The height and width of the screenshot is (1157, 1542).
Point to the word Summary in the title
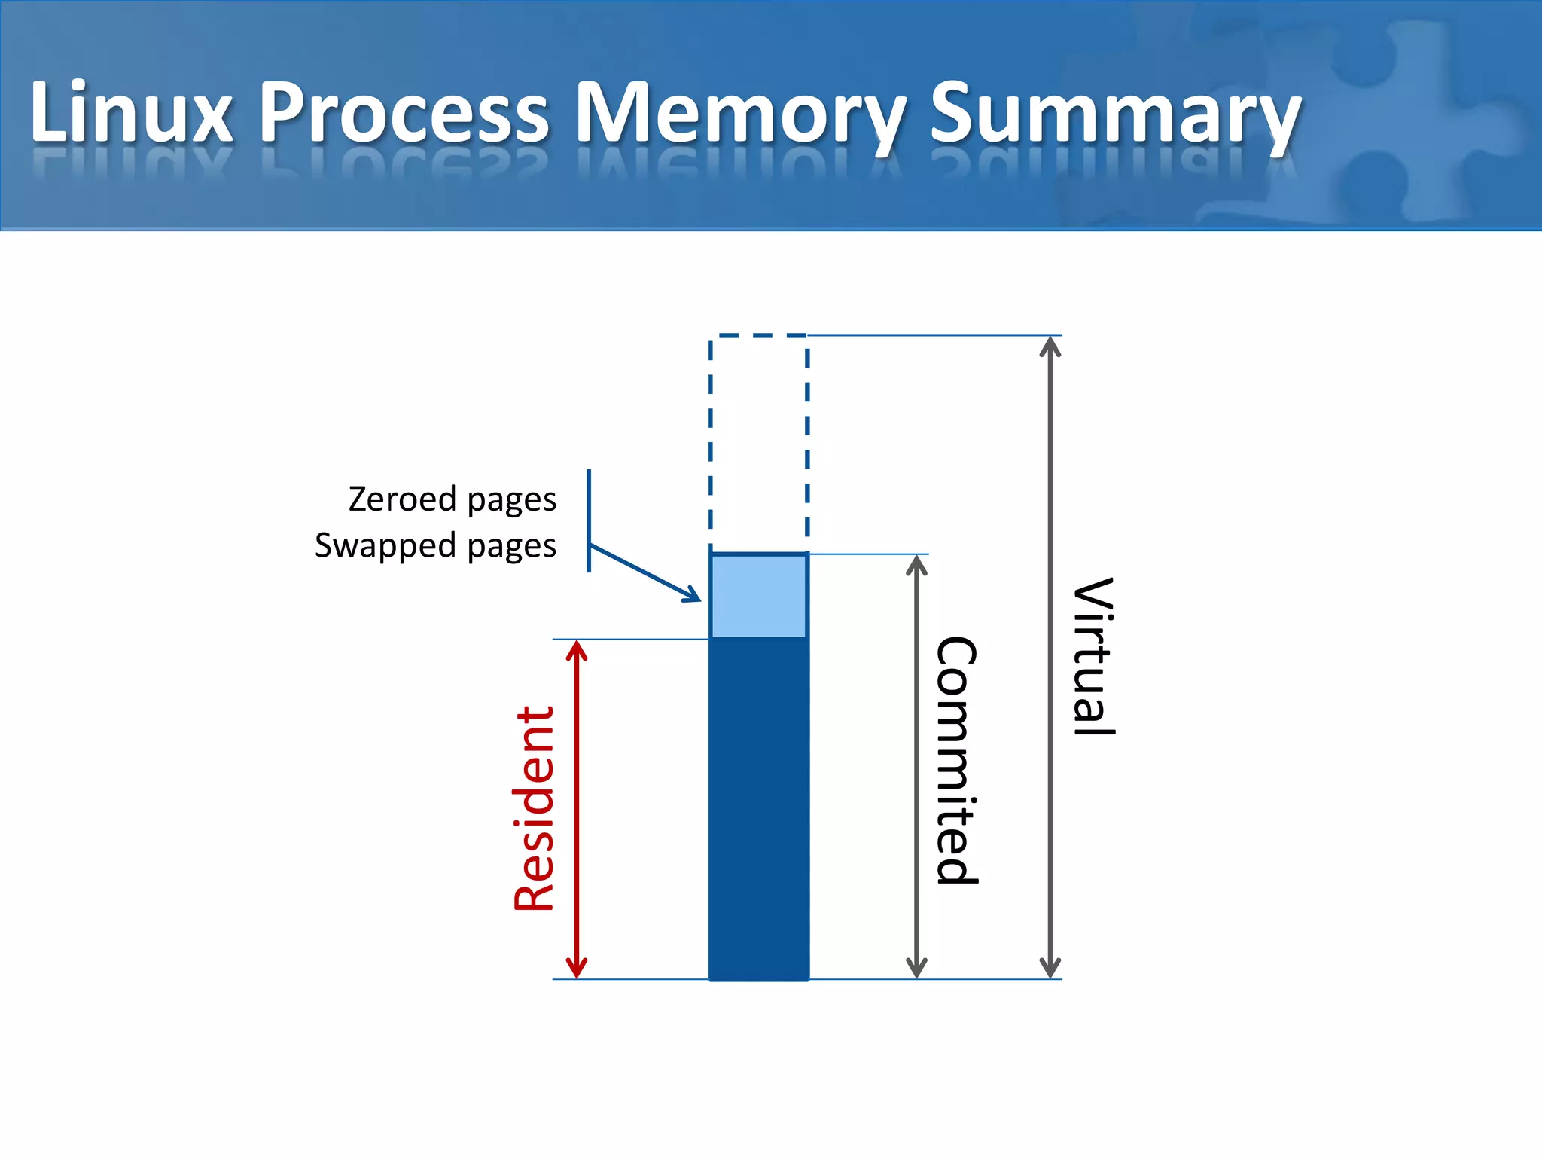1114,113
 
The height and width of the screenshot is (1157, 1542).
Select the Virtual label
1093,656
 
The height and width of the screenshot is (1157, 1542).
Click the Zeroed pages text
452,499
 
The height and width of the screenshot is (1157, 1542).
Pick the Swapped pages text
435,545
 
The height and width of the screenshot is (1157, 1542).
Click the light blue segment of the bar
758,596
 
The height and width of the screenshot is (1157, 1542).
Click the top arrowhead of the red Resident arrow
577,648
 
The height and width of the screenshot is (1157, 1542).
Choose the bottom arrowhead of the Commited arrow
916,970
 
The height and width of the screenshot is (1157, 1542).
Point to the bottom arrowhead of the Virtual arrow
1050,970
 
